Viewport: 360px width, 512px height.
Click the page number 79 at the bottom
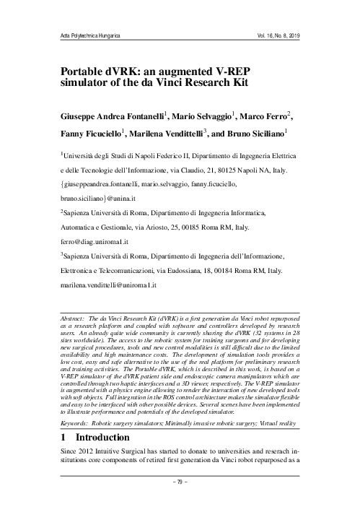click(180, 498)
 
